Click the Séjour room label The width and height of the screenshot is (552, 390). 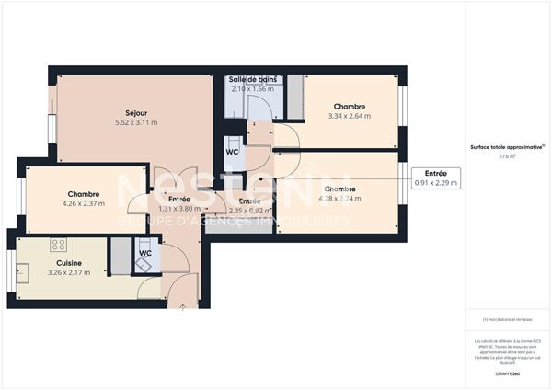(136, 112)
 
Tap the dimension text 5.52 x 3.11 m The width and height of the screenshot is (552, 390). (136, 122)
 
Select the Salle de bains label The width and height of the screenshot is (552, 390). (252, 80)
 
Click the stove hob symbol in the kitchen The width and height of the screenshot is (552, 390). (58, 245)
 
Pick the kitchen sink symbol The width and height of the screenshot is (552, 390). (23, 271)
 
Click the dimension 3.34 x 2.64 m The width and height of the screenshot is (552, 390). (350, 117)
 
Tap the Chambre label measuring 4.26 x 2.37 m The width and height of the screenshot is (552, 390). (83, 194)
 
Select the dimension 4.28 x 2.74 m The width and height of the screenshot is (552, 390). (340, 199)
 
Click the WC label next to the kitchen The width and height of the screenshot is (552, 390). (145, 253)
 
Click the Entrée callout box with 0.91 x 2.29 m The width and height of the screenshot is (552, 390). (436, 178)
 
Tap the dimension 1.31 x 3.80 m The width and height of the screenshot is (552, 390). (179, 209)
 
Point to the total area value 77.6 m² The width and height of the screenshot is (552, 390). (507, 156)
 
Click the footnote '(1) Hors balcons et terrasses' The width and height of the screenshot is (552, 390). (507, 319)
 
